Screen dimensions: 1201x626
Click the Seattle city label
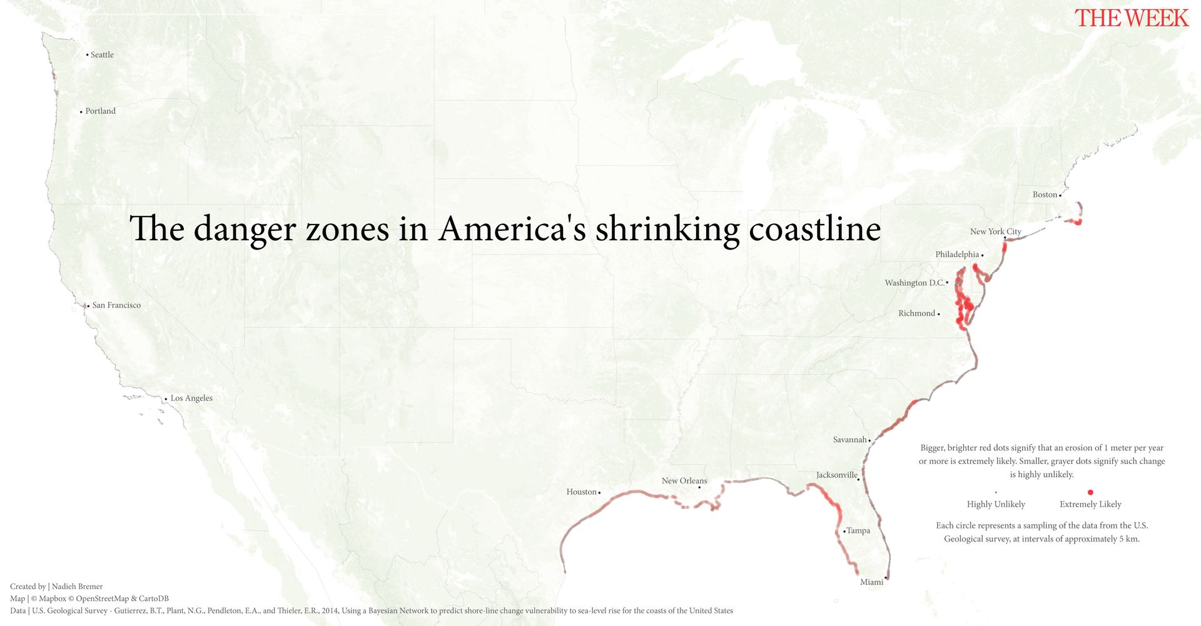pyautogui.click(x=102, y=55)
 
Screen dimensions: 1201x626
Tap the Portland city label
pyautogui.click(x=100, y=111)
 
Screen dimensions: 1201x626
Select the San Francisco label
pyautogui.click(x=116, y=305)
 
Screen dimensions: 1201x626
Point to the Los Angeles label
pyautogui.click(x=191, y=398)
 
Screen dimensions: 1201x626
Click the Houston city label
pyautogui.click(x=582, y=492)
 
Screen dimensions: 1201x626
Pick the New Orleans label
pyautogui.click(x=684, y=481)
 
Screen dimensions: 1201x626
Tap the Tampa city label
pyautogui.click(x=858, y=531)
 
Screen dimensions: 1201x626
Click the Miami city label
pyautogui.click(x=871, y=582)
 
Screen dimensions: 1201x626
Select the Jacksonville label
pyautogui.click(x=836, y=475)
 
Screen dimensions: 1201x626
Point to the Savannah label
pyautogui.click(x=849, y=440)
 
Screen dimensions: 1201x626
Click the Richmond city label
pyautogui.click(x=916, y=313)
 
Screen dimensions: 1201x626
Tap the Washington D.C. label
pyautogui.click(x=914, y=283)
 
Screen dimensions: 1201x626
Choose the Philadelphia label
pyautogui.click(x=957, y=255)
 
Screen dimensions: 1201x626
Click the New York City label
pyautogui.click(x=995, y=231)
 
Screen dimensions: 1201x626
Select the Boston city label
pyautogui.click(x=1045, y=194)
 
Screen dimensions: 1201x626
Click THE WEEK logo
pyautogui.click(x=1131, y=18)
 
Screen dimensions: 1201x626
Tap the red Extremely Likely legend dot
pyautogui.click(x=1090, y=492)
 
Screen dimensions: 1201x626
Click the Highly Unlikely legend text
pyautogui.click(x=996, y=504)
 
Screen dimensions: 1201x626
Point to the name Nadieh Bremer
pyautogui.click(x=77, y=587)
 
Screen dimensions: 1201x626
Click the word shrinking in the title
pyautogui.click(x=667, y=229)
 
